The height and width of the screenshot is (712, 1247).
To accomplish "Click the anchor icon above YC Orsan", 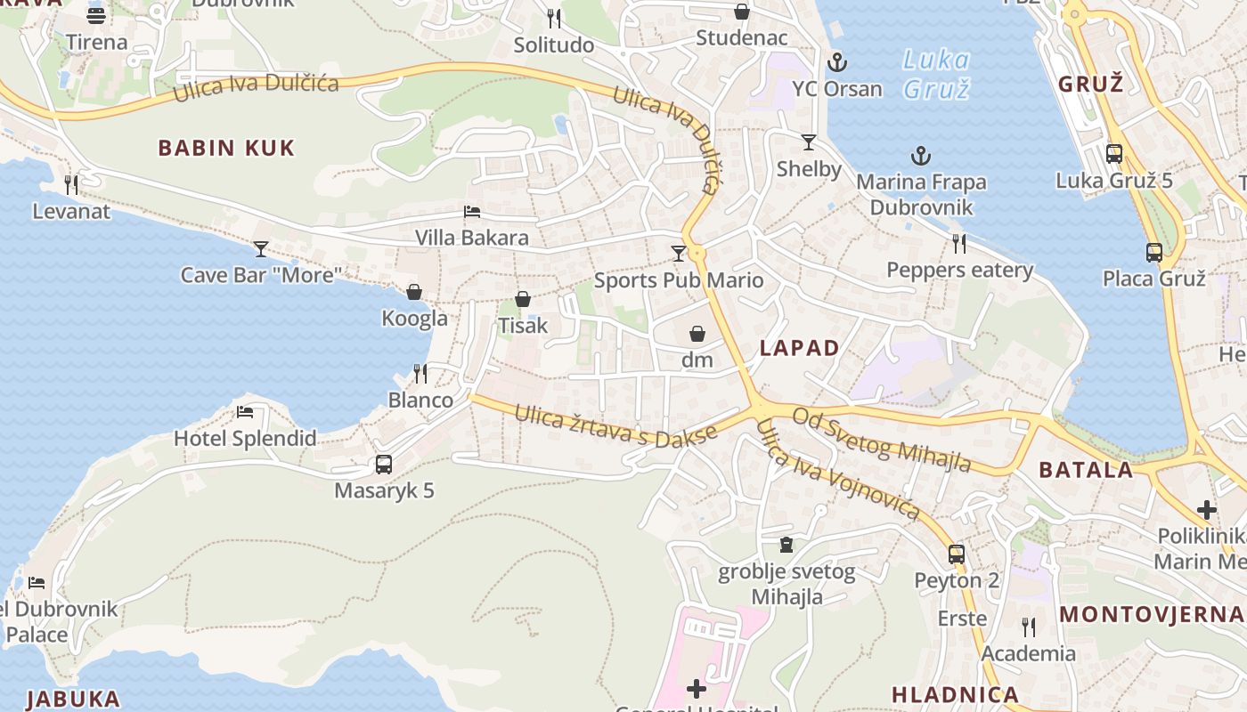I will [x=836, y=63].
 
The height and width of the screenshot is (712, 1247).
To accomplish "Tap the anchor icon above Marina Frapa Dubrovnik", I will [x=921, y=157].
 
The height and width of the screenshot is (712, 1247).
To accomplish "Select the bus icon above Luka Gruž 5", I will [x=1114, y=154].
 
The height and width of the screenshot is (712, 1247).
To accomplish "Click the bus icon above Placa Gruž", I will [x=1154, y=253].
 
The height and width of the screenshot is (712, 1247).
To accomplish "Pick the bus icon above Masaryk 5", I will [x=384, y=465].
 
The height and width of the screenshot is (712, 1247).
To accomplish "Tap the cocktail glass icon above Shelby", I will [x=809, y=142].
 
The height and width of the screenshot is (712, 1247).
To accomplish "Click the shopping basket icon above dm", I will [x=697, y=334].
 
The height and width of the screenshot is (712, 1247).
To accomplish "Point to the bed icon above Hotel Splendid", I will [x=245, y=412].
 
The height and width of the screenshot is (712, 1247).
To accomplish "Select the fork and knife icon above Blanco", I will [x=420, y=374].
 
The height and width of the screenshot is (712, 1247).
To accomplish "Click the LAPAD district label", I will [x=800, y=348].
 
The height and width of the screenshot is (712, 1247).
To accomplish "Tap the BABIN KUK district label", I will [x=226, y=148].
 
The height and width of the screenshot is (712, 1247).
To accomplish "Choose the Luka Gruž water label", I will [x=936, y=74].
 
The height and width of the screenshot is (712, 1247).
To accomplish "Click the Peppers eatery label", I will [x=959, y=270].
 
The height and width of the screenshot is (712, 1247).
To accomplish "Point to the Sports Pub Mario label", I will [x=679, y=280].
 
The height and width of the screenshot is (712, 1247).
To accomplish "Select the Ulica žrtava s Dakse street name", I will [x=615, y=425].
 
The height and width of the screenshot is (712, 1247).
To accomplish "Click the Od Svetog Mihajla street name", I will [x=881, y=440].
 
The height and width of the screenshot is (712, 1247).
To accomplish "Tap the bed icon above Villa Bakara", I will [x=472, y=212].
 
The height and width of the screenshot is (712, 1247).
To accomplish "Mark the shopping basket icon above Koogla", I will [x=414, y=292].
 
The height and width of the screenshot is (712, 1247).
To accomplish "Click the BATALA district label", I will [x=1087, y=470].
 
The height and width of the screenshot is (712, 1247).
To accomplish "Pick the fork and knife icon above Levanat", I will [x=71, y=185].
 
